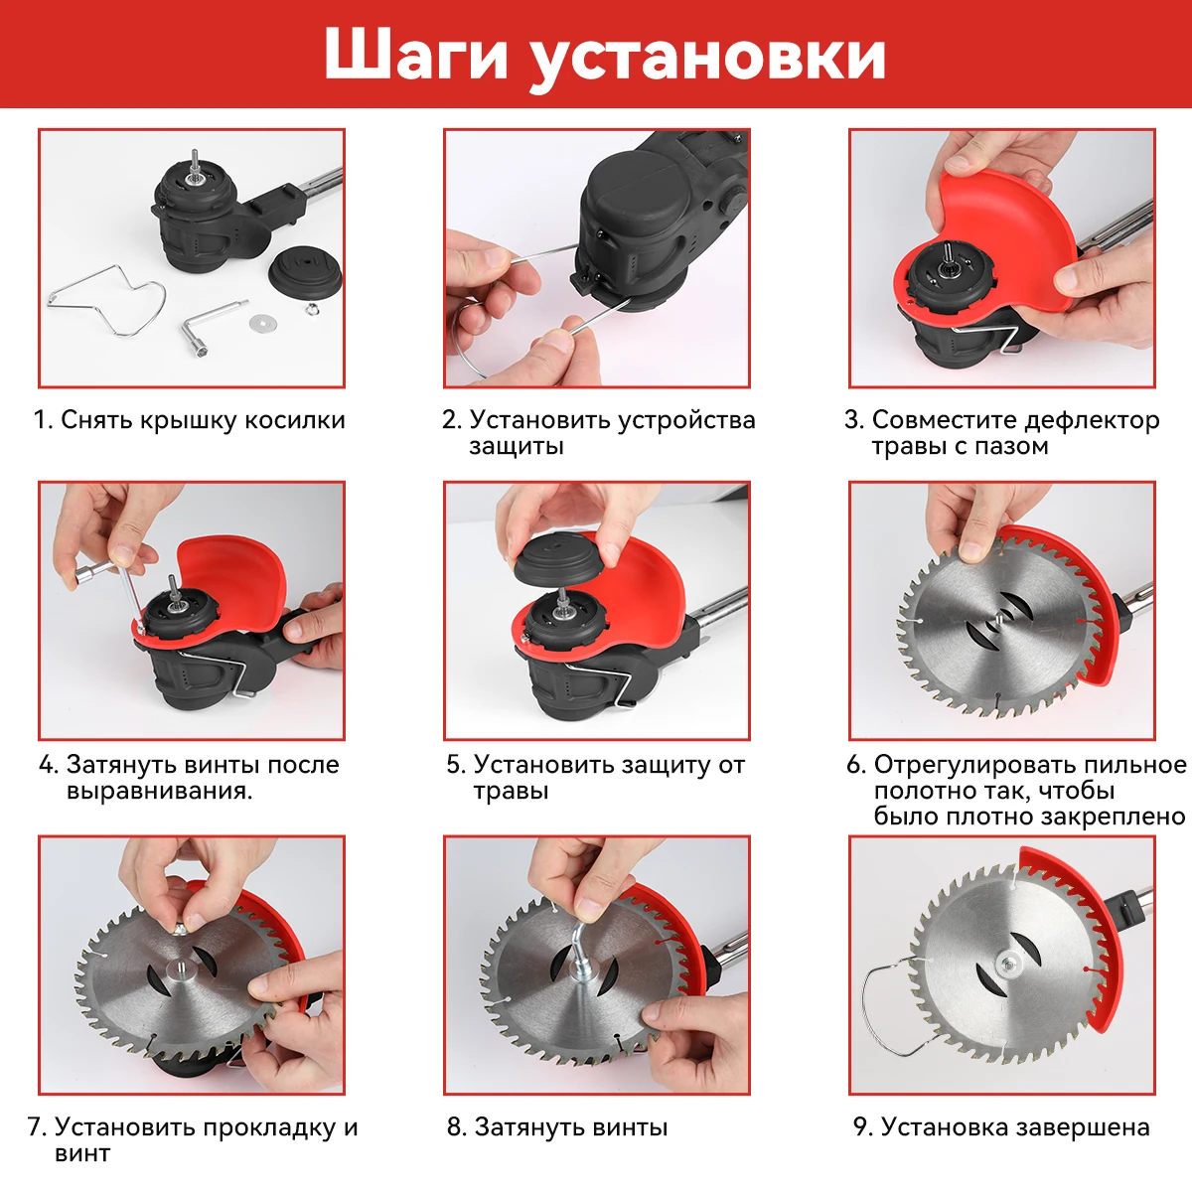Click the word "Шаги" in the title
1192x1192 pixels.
point(415,55)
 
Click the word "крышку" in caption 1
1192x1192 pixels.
point(189,420)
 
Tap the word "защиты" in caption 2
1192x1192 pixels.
point(517,447)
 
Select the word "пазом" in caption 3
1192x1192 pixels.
point(1015,447)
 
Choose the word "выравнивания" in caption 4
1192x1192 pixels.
point(157,792)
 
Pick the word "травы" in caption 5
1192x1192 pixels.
point(511,792)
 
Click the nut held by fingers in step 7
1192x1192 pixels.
point(180,927)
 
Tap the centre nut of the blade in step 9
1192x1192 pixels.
point(1009,964)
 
